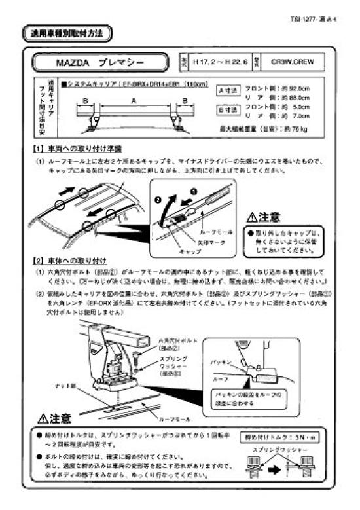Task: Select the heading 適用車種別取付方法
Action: tap(67, 32)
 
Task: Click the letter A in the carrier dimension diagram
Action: tap(134, 101)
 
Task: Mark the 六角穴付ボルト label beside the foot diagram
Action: tap(173, 341)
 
